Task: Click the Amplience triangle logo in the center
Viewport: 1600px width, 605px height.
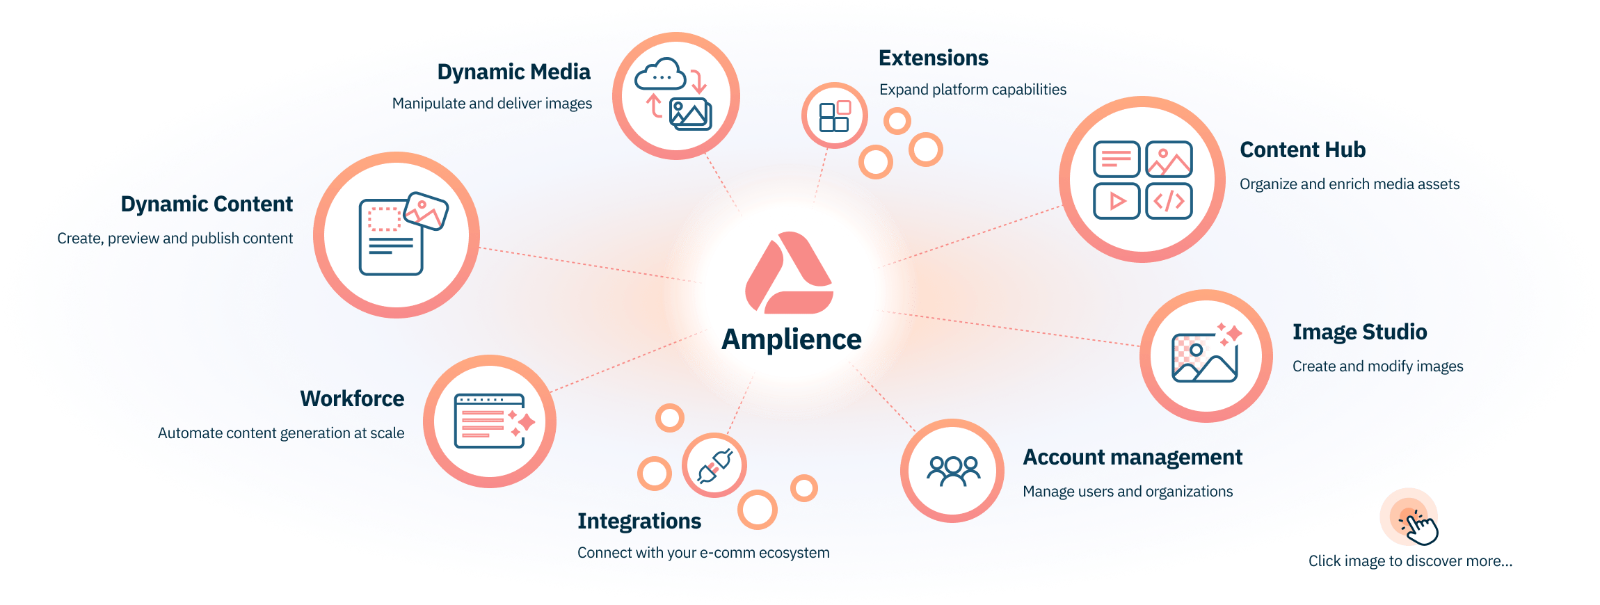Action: pos(789,275)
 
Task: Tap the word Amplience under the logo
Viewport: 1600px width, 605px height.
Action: pos(791,339)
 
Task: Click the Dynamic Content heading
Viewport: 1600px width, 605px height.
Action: pos(207,204)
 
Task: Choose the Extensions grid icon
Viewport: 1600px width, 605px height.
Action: pos(834,115)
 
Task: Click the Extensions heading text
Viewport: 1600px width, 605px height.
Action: pos(933,58)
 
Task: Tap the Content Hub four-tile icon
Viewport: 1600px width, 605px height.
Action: pos(1142,179)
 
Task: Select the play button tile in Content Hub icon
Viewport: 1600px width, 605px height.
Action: pos(1116,201)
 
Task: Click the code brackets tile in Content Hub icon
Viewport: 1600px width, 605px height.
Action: pos(1169,201)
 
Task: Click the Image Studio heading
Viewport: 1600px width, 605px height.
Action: pos(1359,332)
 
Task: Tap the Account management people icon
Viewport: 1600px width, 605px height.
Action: pos(952,471)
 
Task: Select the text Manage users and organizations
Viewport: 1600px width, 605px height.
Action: pos(1127,492)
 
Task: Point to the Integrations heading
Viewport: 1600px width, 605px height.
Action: pos(639,521)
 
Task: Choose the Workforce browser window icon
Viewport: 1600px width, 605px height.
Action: pos(490,421)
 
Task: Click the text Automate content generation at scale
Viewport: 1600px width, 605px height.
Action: pos(280,433)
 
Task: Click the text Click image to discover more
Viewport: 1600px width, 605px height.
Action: pos(1409,560)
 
